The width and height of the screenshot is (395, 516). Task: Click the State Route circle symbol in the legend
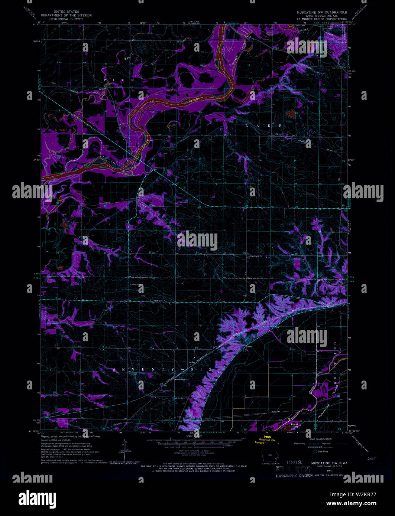(x=315, y=452)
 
